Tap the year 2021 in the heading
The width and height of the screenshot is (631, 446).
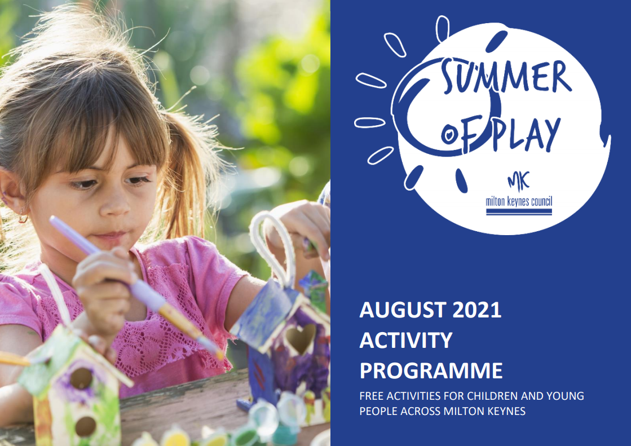coord(477,310)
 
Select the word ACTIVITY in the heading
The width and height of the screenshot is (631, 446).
coord(406,341)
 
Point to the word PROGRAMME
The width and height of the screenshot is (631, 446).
coord(431,371)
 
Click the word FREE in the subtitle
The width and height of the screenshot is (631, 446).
coord(372,396)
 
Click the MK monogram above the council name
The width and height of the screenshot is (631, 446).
coord(518,181)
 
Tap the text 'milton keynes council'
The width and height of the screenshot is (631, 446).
coord(519,201)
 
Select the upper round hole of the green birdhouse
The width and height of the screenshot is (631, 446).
coord(82,378)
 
